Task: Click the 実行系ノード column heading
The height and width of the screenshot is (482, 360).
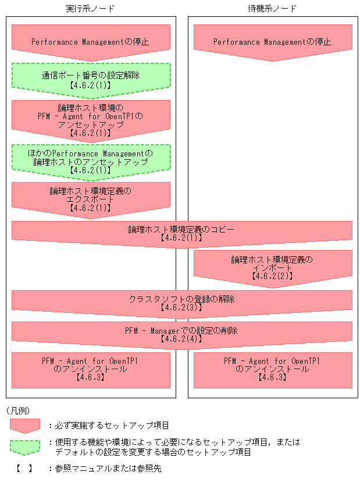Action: coord(90,9)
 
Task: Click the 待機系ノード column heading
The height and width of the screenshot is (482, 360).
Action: coord(272,9)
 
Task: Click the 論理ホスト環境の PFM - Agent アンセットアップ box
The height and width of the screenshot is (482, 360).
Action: coord(90,119)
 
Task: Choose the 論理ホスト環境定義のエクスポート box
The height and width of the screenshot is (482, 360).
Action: coord(90,197)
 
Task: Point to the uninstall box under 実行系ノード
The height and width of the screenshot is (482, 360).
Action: coord(90,367)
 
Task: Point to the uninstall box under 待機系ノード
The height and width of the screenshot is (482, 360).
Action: coord(272,367)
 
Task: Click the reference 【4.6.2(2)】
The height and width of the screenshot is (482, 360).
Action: coord(272,276)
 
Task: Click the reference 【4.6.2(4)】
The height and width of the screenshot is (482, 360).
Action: coord(181,339)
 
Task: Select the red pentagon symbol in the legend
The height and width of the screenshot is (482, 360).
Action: coord(24,425)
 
